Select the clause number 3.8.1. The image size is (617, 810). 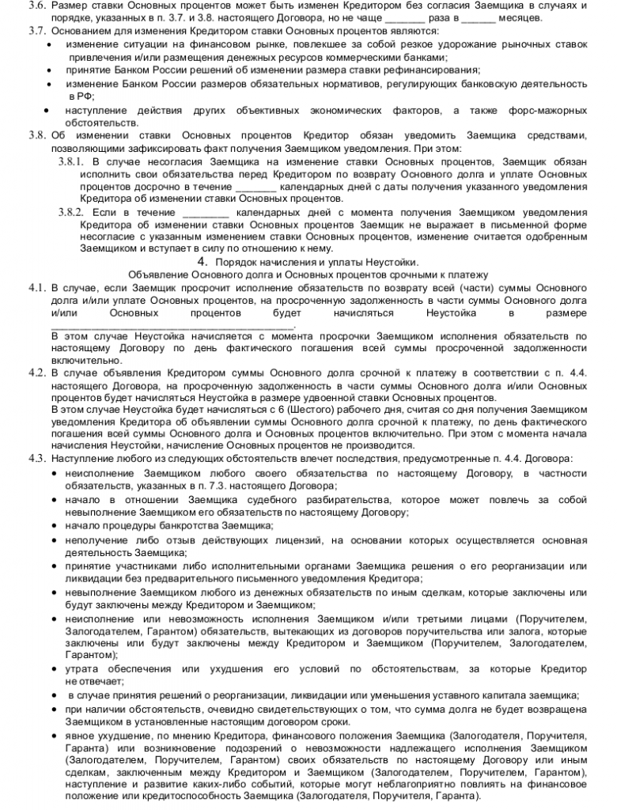(x=72, y=161)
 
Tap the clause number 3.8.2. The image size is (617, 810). (x=72, y=213)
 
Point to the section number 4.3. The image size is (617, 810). (x=38, y=459)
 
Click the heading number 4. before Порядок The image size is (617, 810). (x=202, y=262)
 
